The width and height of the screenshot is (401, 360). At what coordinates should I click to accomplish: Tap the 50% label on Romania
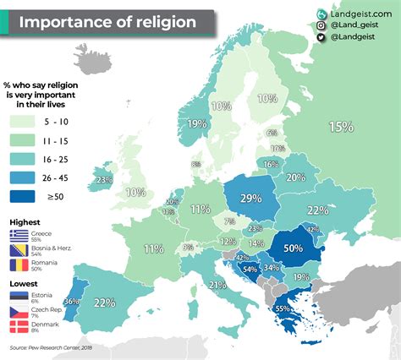294,250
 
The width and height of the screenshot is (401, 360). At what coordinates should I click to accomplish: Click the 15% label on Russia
341,127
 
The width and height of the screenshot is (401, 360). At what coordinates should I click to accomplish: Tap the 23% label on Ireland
104,179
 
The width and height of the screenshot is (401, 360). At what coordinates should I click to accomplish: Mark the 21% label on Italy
217,286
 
